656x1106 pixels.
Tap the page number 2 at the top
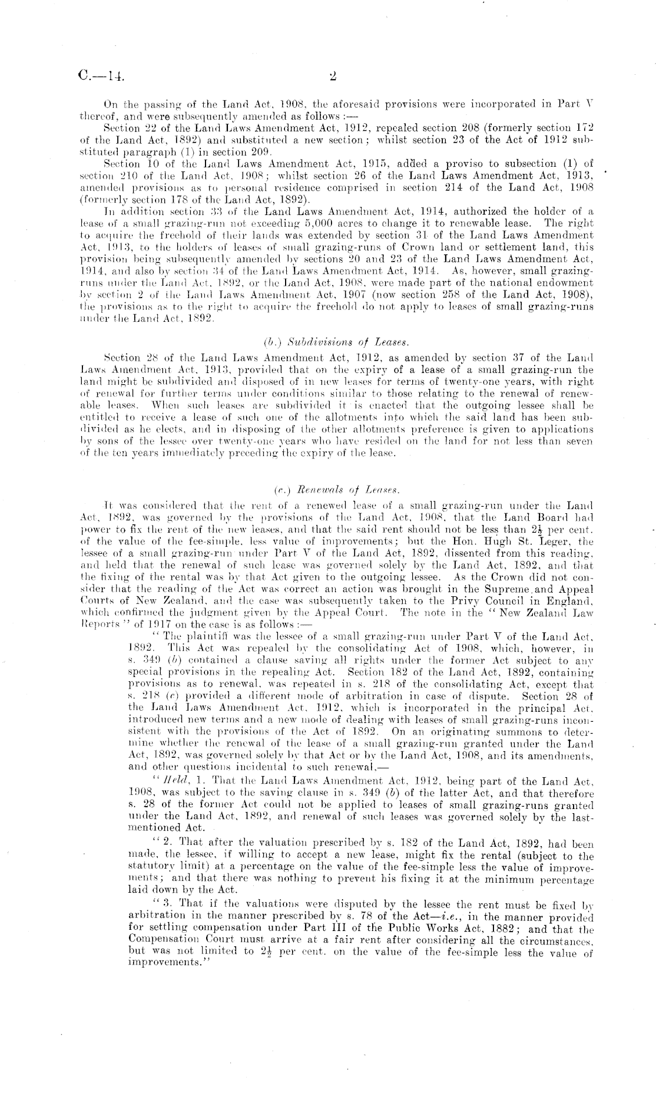tap(333, 75)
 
